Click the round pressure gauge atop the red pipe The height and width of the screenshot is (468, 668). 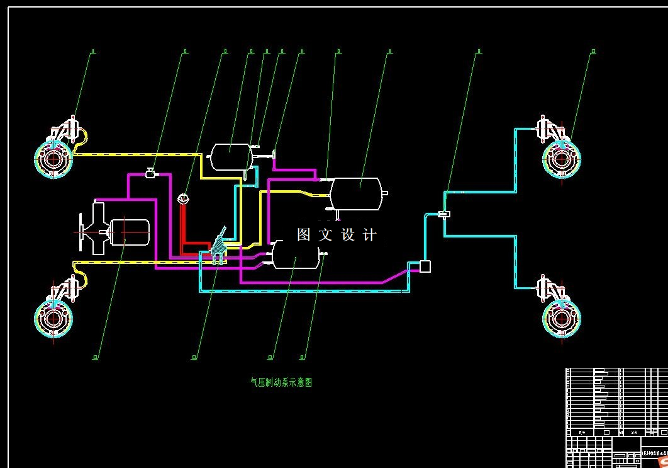point(183,199)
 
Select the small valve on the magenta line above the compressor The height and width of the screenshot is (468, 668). point(151,173)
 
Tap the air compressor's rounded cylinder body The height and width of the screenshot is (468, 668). point(130,232)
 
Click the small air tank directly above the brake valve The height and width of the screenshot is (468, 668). point(230,156)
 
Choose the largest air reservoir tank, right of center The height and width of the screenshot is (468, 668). point(356,193)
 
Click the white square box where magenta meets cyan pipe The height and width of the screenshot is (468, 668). point(425,266)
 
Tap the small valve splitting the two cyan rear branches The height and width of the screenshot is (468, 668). point(444,215)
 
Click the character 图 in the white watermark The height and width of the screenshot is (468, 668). point(304,235)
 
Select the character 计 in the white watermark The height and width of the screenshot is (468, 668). point(370,235)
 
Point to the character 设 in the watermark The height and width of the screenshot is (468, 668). point(348,235)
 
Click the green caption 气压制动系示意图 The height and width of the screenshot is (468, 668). point(281,382)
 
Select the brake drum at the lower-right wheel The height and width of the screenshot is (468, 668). point(562,318)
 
